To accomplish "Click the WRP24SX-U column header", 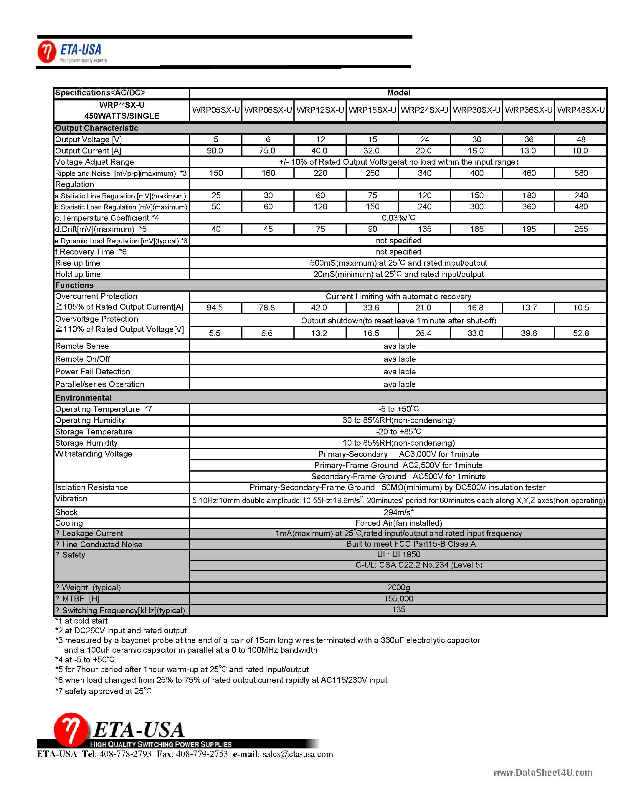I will [424, 110].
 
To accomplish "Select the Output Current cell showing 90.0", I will [215, 151].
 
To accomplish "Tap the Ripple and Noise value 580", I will [581, 173].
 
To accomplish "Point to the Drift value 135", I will [424, 229].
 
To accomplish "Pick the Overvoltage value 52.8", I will [581, 333].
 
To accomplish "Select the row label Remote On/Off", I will [83, 359].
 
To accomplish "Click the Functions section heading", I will [75, 285].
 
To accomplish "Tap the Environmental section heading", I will [83, 398].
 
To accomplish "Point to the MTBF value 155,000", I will [398, 599].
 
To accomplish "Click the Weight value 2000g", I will [398, 588].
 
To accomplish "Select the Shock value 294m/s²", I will [398, 512].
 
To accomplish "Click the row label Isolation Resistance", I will [92, 487].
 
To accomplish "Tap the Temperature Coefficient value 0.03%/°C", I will [398, 218].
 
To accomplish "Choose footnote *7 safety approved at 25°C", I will [103, 691].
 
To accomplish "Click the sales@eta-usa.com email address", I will [298, 754].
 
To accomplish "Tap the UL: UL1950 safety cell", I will [398, 554].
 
